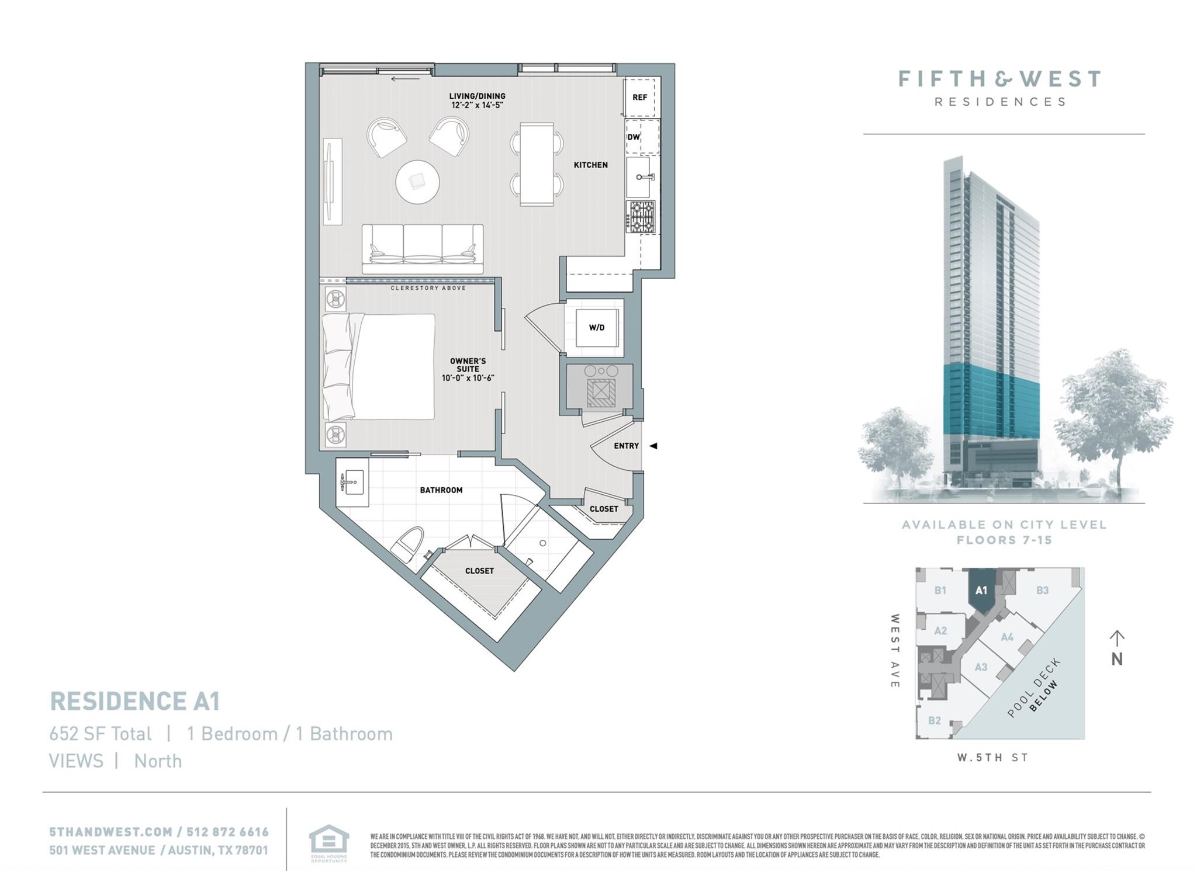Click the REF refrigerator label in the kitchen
639,98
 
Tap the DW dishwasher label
634,137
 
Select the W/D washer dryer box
596,328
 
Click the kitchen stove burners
641,217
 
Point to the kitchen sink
642,177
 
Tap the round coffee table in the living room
417,182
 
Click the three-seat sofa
423,248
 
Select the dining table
537,164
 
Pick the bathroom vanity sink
352,483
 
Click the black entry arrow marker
653,446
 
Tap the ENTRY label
626,446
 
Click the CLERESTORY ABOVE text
428,288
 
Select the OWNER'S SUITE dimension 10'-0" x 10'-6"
468,378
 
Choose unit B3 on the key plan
1042,590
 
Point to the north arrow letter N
1117,659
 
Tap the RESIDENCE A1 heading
134,701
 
